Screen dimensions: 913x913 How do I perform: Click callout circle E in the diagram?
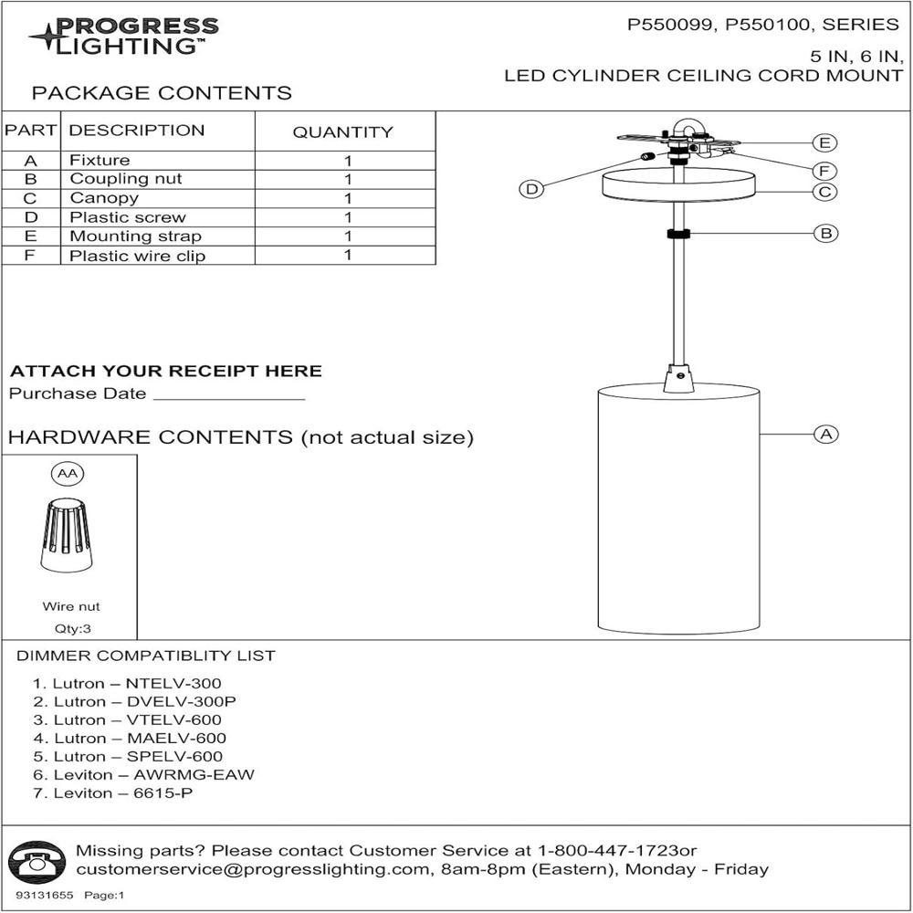tap(825, 142)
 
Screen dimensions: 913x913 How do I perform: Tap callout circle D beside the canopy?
tap(530, 189)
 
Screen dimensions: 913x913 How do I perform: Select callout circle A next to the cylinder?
tap(825, 434)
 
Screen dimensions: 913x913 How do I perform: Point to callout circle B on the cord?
tap(825, 233)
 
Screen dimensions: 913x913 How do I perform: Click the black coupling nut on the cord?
tap(678, 234)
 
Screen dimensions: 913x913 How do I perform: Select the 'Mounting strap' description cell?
tap(123, 236)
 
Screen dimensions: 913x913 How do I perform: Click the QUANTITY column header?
tap(342, 132)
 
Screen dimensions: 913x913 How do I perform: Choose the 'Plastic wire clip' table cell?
tap(137, 257)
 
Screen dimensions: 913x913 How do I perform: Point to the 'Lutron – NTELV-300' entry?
tap(127, 683)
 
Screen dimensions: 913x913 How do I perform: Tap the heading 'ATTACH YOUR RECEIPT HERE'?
tap(165, 372)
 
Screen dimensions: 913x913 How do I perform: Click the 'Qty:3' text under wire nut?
tap(71, 628)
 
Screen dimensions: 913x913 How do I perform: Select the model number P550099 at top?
tap(670, 26)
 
